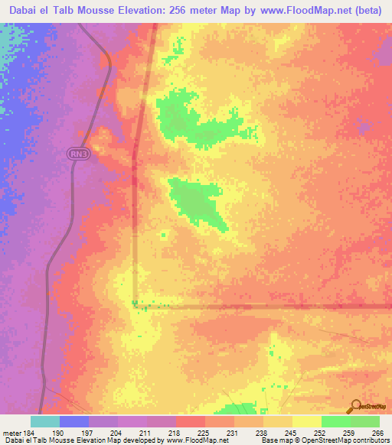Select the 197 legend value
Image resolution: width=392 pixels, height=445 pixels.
(x=88, y=432)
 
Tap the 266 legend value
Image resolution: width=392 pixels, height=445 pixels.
(x=377, y=432)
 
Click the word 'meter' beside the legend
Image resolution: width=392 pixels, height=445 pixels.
(x=11, y=432)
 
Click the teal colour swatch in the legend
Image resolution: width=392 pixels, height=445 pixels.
(x=44, y=421)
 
